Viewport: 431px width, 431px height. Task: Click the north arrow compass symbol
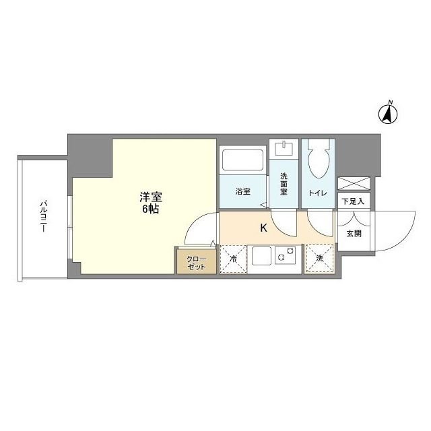coord(389,112)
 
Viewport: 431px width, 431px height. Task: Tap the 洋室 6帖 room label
coord(150,203)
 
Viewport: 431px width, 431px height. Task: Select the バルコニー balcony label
coord(42,216)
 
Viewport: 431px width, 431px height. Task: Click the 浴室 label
coord(242,192)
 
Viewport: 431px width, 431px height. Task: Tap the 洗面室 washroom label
coord(284,185)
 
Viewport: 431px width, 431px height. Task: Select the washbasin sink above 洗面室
coord(284,147)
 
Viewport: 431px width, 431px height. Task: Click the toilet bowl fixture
coord(317,161)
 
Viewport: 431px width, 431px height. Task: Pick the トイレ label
coord(318,193)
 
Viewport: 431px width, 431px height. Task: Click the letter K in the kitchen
coord(264,228)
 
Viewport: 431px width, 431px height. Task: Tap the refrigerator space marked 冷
coord(233,259)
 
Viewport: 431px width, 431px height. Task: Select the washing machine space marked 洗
coord(319,259)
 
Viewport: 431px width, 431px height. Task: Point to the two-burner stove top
coord(286,257)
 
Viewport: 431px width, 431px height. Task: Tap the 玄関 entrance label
coord(353,234)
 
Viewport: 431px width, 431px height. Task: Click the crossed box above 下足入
coord(353,183)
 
